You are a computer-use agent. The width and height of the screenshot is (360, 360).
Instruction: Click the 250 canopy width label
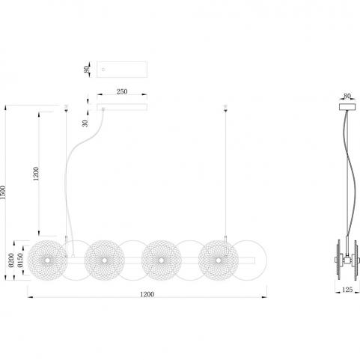coord(122,91)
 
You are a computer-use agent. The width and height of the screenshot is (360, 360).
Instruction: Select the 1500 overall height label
coord(3,192)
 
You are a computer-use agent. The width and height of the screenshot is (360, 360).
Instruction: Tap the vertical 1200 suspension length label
coord(36,174)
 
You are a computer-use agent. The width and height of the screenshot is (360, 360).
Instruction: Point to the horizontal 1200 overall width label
coord(147,294)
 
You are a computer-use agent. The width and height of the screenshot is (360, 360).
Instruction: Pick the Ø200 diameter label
coord(11,260)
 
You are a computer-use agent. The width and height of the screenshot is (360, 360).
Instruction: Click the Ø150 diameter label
coord(20,260)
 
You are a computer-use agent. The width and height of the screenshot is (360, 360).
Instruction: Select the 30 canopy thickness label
coord(85,123)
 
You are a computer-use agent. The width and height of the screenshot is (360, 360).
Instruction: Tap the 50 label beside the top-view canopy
coord(87,69)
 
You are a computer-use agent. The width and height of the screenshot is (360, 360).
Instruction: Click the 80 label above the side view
coord(347,96)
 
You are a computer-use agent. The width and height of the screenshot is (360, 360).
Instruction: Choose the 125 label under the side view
coord(347,290)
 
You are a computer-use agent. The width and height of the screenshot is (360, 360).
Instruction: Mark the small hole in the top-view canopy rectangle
coord(104,70)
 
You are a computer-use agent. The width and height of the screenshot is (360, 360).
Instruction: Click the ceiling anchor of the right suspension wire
coord(225,109)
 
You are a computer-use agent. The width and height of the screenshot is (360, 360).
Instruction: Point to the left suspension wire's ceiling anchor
coord(66,109)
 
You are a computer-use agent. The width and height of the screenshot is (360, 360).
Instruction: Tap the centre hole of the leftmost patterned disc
coord(47,260)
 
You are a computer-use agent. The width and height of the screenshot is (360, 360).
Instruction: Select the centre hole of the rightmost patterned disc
coord(219,260)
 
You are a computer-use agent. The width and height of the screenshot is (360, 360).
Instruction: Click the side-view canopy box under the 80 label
coord(347,107)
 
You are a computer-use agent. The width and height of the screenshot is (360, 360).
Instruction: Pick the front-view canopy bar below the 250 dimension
coord(122,107)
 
